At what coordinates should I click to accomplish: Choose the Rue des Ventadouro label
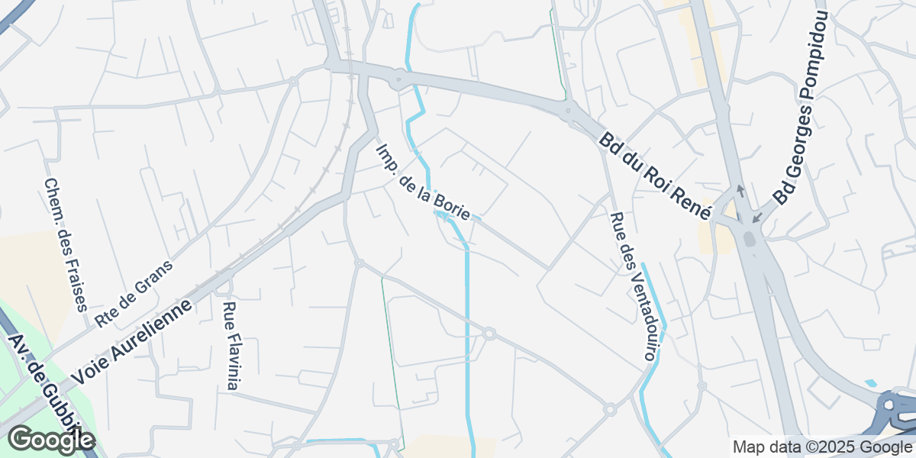[634, 285]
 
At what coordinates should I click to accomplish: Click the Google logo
[51, 440]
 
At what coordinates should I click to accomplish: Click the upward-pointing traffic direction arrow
[739, 190]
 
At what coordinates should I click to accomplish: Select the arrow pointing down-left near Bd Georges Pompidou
[756, 218]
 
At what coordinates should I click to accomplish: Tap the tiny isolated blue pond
[871, 383]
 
